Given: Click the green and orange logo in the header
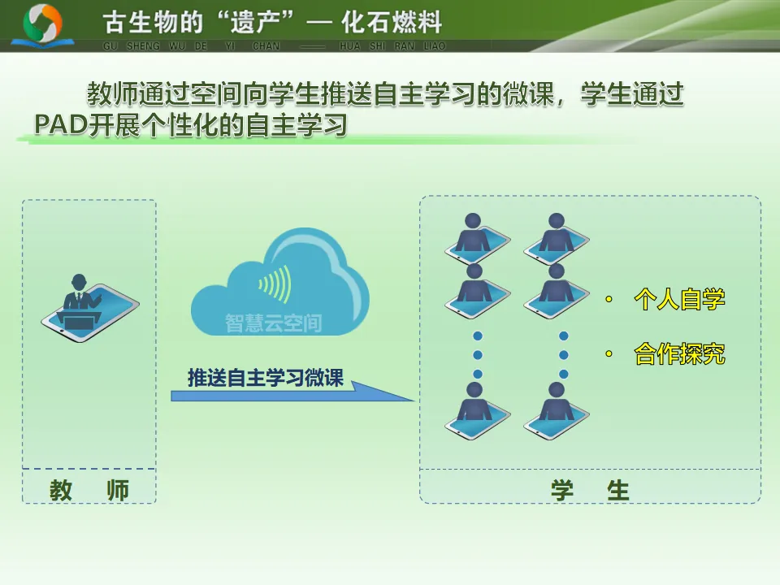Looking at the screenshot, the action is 43,24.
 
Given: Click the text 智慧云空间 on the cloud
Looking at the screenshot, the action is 273,324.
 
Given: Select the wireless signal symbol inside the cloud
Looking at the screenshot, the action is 275,284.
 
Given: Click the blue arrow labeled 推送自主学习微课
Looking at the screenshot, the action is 292,388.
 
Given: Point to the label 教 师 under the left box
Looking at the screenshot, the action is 89,490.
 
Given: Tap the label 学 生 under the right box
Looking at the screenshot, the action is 590,490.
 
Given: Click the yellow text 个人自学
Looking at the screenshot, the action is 679,301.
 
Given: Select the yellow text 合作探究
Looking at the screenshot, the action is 679,355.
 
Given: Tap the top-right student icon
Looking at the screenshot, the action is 557,237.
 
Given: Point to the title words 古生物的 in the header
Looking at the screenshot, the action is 145,22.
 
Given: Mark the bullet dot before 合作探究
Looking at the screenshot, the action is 608,354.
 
